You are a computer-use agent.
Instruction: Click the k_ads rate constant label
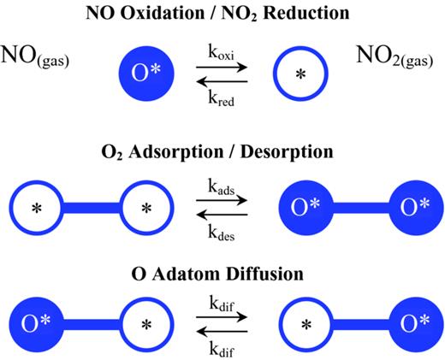[222, 186]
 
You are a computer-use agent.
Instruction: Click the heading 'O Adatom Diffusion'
[222, 275]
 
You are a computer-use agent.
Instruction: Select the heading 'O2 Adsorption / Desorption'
[222, 154]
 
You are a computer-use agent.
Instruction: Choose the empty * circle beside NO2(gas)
[300, 74]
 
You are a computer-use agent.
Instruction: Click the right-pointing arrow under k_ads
[222, 199]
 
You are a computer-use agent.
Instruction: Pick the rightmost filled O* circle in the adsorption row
[405, 207]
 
